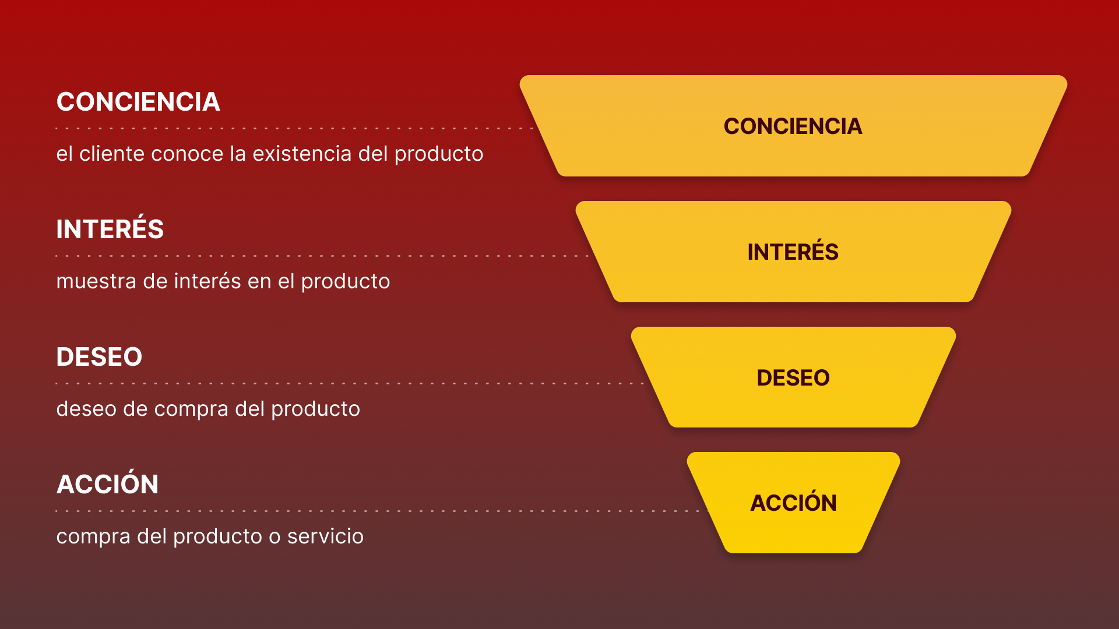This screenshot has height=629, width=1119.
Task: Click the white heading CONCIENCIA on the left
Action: click(138, 102)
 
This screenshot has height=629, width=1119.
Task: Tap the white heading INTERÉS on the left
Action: click(110, 229)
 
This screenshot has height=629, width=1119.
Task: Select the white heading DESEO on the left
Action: click(99, 357)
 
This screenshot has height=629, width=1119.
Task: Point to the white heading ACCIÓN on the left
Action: click(107, 485)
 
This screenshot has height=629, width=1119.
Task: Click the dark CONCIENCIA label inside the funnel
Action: click(793, 126)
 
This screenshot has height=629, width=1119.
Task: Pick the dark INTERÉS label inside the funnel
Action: click(793, 252)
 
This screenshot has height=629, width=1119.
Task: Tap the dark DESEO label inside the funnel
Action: click(793, 378)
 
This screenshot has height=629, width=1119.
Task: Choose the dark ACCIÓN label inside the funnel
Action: click(793, 503)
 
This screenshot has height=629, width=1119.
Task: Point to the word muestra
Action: click(96, 281)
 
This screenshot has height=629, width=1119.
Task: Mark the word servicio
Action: click(325, 536)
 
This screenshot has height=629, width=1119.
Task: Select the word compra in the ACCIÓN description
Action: click(93, 536)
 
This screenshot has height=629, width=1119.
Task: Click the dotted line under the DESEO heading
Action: click(350, 383)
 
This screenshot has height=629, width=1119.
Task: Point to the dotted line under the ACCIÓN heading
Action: click(379, 511)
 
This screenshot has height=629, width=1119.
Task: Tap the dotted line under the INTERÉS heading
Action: click(321, 256)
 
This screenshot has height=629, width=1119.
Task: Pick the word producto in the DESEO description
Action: click(315, 409)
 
